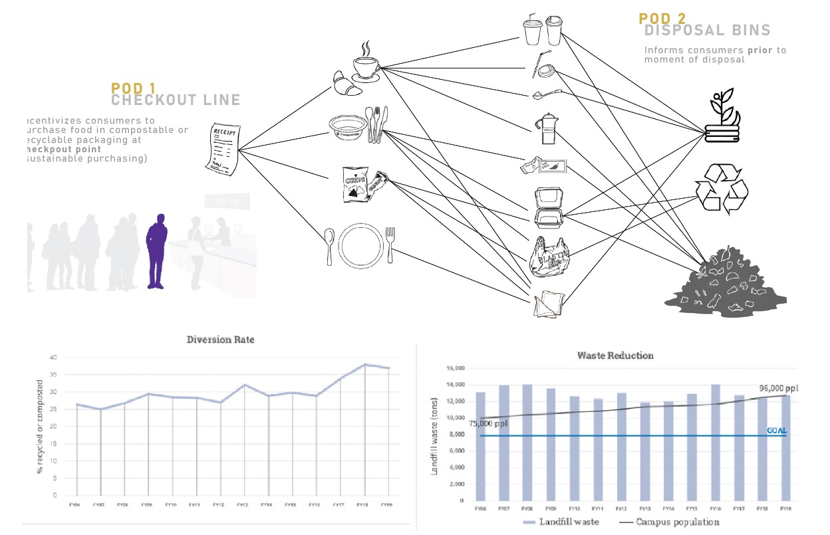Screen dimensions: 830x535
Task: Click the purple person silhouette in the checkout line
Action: click(156, 251)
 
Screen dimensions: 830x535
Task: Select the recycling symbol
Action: click(722, 189)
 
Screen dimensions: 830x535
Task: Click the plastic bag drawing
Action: click(549, 257)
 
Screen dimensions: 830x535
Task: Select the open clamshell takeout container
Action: click(549, 207)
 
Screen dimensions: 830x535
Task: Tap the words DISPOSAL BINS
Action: click(708, 31)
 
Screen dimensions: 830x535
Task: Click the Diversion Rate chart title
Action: click(220, 340)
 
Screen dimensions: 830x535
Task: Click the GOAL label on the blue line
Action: click(777, 431)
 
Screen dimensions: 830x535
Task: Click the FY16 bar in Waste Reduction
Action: click(716, 442)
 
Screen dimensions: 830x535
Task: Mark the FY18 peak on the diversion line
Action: click(364, 365)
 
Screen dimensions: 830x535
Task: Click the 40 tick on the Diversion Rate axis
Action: click(53, 358)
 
